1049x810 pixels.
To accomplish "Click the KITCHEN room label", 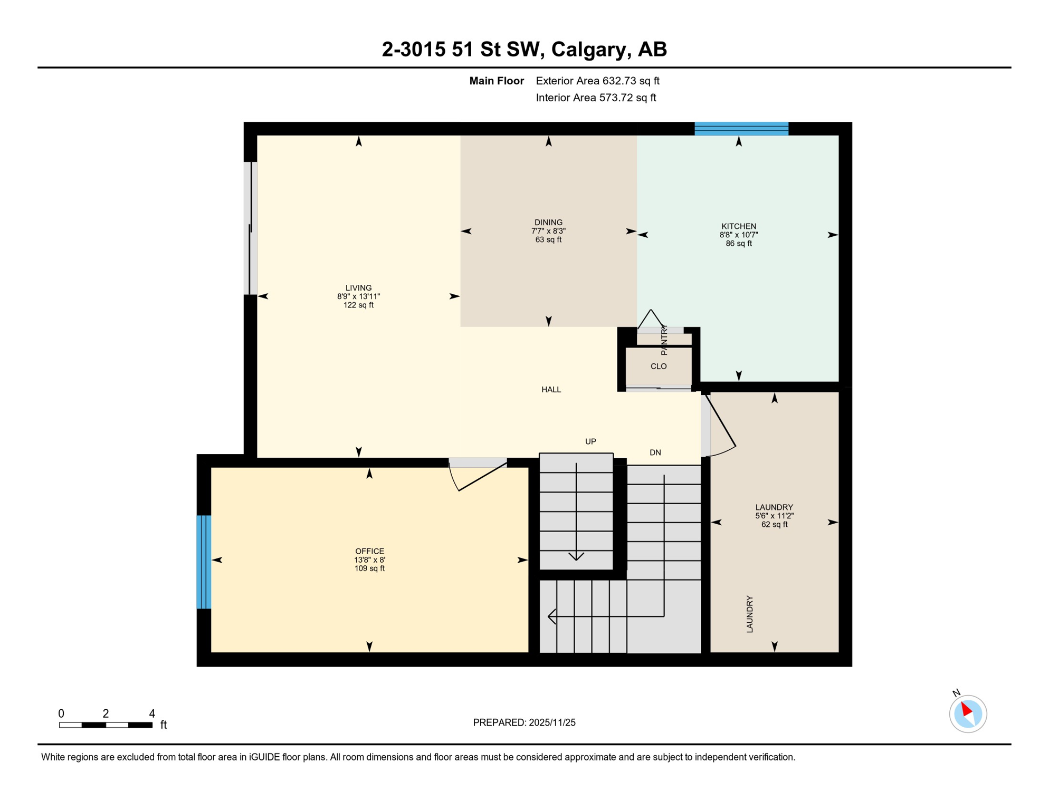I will click(739, 226).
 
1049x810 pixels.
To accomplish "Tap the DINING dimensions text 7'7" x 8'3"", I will click(548, 231).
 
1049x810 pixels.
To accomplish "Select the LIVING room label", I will click(358, 288).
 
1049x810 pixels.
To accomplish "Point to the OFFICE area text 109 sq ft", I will click(369, 568).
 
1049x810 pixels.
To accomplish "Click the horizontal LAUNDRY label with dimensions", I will click(774, 508).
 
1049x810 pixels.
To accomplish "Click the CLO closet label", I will click(659, 366).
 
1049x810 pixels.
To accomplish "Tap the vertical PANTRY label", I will click(664, 340).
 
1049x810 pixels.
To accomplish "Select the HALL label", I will click(551, 390).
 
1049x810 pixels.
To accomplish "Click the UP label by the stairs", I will click(590, 441).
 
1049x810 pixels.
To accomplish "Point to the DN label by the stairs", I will click(655, 452).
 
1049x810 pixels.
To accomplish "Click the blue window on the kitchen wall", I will click(741, 129).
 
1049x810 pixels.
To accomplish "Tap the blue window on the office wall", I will click(204, 562).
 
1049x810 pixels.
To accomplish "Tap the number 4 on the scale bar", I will click(152, 713).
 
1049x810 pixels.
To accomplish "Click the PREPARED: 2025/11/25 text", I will click(524, 722).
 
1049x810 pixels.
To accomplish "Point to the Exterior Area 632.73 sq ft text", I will click(597, 81).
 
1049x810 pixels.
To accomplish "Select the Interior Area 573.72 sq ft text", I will click(596, 98).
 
